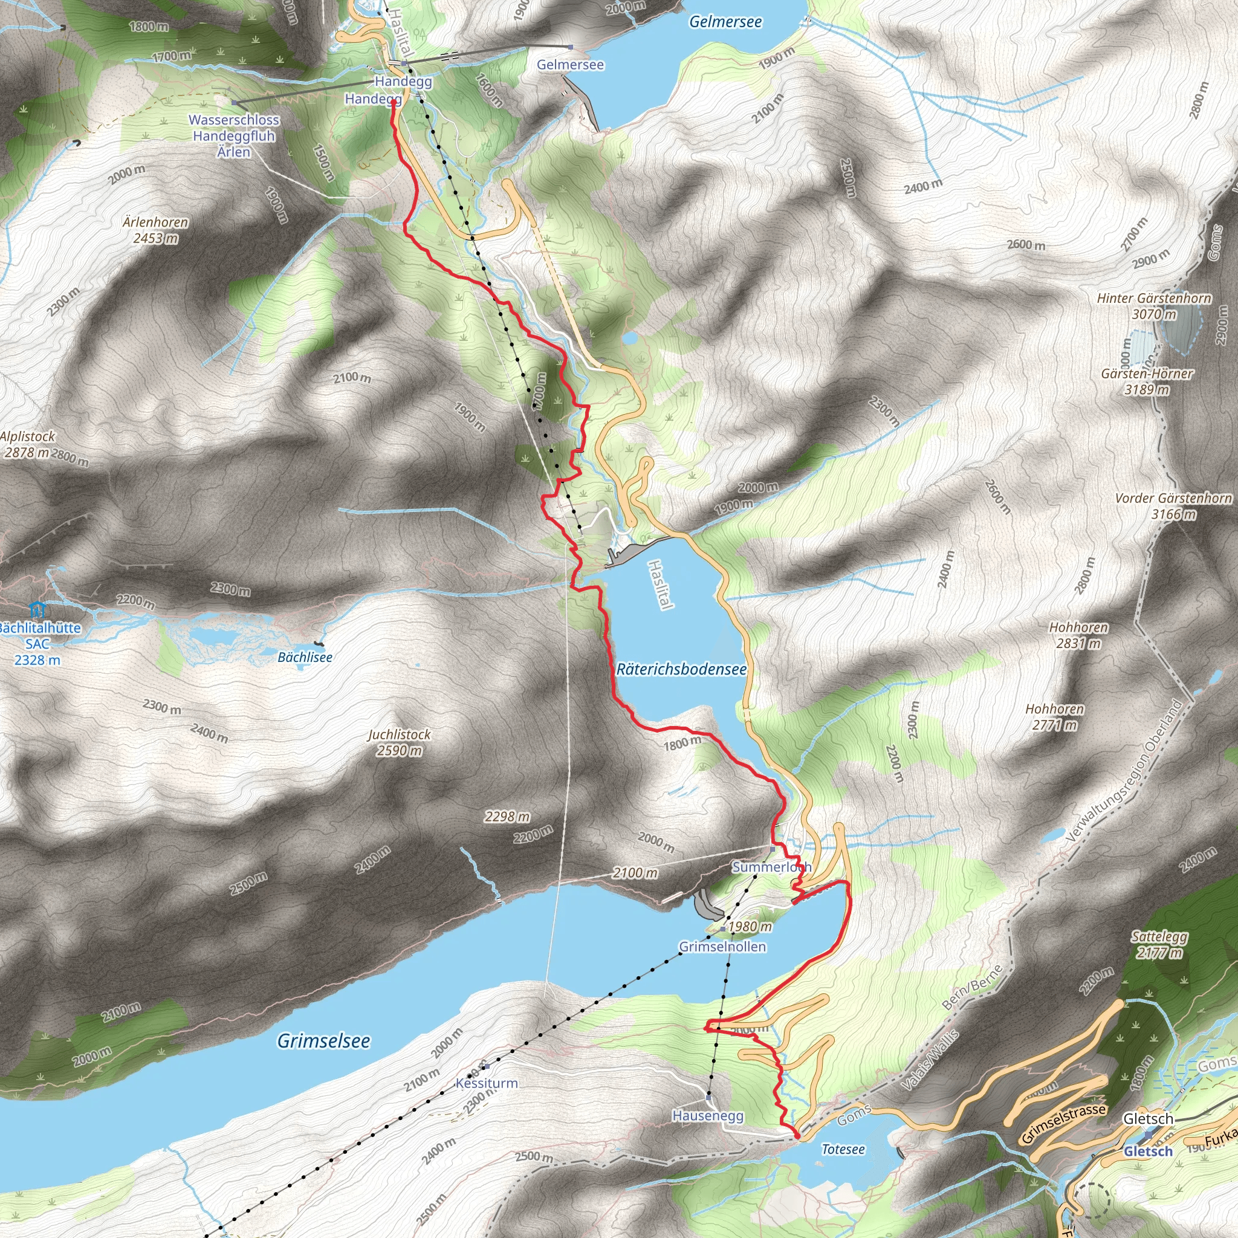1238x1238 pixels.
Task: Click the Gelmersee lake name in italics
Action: pyautogui.click(x=725, y=22)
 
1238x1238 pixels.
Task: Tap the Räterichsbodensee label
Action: pyautogui.click(x=681, y=670)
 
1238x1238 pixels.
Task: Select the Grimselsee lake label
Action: pyautogui.click(x=323, y=1042)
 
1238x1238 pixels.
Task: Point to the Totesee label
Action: pyautogui.click(x=843, y=1150)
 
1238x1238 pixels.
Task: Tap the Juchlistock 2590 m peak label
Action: pyautogui.click(x=399, y=742)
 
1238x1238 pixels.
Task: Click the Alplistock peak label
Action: pyautogui.click(x=27, y=444)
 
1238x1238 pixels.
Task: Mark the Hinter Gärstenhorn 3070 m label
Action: pyautogui.click(x=1154, y=306)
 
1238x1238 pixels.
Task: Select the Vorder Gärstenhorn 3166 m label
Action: pyautogui.click(x=1173, y=505)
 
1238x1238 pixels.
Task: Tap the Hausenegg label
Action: pyautogui.click(x=708, y=1116)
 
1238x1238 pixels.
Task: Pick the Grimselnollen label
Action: pyautogui.click(x=722, y=947)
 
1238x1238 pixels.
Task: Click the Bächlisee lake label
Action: pyautogui.click(x=305, y=658)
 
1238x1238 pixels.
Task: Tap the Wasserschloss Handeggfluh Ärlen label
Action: pyautogui.click(x=234, y=136)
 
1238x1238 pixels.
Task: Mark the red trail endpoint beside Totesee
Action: pyautogui.click(x=797, y=1135)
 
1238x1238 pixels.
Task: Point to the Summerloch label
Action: pyautogui.click(x=771, y=867)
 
